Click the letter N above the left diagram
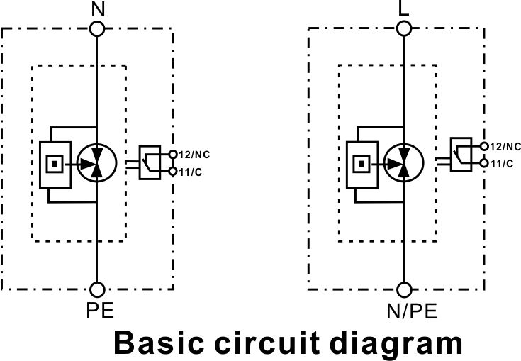pos(98,9)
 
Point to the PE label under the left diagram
pos(100,310)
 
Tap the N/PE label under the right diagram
pos(412,311)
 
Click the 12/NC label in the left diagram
pos(194,155)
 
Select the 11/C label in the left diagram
pos(191,172)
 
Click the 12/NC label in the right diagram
pos(505,146)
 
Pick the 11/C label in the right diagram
pos(502,164)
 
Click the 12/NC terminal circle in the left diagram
pos(173,154)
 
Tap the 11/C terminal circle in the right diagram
pos(484,163)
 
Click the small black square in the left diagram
pos(55,164)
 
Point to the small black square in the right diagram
pos(362,164)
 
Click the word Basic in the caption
pos(159,343)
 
